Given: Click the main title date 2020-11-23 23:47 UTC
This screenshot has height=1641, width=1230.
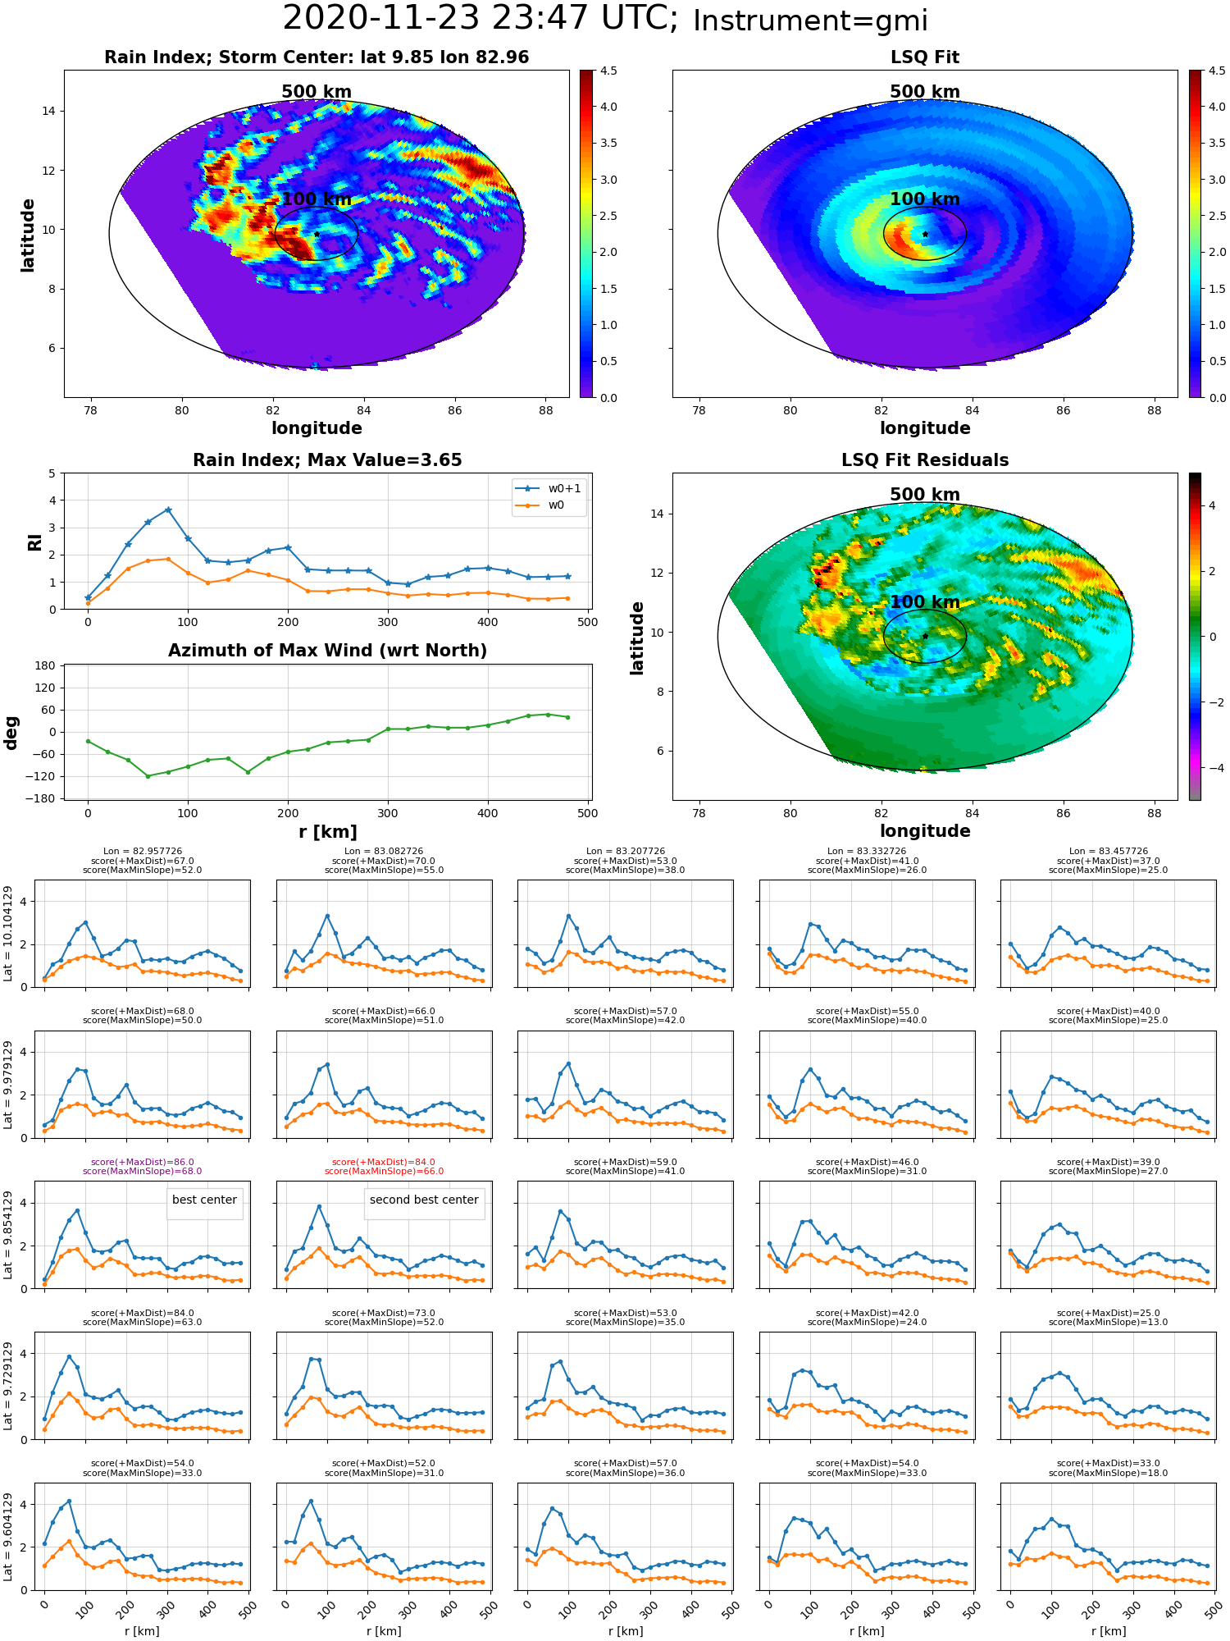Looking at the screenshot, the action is click(x=480, y=19).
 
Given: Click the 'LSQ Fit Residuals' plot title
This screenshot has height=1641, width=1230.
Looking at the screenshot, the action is click(x=925, y=460).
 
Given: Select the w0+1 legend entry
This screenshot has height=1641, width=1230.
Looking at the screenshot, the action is click(x=549, y=488).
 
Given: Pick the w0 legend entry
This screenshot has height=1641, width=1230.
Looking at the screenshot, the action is click(x=540, y=505).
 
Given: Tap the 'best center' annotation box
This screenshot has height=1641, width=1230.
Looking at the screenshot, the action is click(x=204, y=1200).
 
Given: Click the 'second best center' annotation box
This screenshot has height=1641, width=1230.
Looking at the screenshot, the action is click(x=424, y=1200).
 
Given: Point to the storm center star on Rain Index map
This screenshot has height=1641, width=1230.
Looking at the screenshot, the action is click(x=317, y=234).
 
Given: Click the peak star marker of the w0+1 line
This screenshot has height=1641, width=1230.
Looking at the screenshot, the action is click(x=168, y=510).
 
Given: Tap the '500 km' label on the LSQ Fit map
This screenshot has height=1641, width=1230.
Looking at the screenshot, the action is click(x=925, y=92).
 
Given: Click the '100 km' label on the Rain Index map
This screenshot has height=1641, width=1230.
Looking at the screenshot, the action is click(x=317, y=199).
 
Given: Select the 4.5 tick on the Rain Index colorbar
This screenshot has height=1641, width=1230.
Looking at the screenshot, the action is click(x=608, y=71).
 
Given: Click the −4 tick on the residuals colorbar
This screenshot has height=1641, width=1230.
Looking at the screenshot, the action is click(x=1212, y=768).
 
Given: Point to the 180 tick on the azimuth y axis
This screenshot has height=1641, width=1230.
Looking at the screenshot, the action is click(x=46, y=665).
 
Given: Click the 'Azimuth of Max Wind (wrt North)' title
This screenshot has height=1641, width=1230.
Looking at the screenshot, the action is click(x=327, y=651).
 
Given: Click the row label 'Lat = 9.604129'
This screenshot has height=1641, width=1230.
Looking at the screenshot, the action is click(x=8, y=1537).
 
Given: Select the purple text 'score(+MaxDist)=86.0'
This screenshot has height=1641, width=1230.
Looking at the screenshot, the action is click(x=143, y=1162).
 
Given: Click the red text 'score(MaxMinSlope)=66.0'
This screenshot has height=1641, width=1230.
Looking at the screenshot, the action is click(x=384, y=1171).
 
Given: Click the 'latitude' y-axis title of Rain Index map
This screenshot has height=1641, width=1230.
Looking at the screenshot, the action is click(x=28, y=235).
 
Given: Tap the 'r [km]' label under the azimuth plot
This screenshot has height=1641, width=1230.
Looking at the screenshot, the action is click(x=327, y=832).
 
